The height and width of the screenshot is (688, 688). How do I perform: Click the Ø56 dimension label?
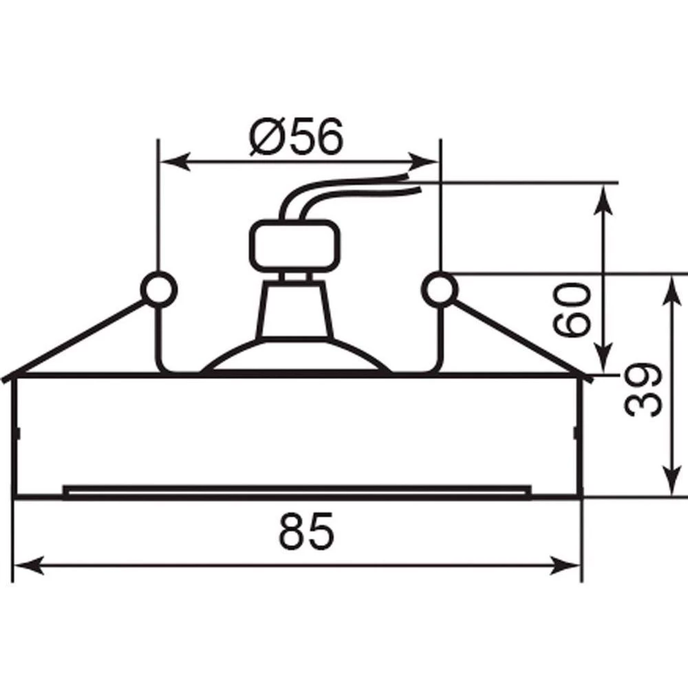click(x=295, y=136)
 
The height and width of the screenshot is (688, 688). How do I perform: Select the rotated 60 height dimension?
click(x=570, y=310)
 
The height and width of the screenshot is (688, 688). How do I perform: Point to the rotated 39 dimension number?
click(x=643, y=390)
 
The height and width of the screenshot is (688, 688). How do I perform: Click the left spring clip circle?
click(x=159, y=289)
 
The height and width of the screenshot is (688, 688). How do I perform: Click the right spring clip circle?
click(x=440, y=289)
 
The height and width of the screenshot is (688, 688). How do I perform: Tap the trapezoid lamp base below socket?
click(x=294, y=310)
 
